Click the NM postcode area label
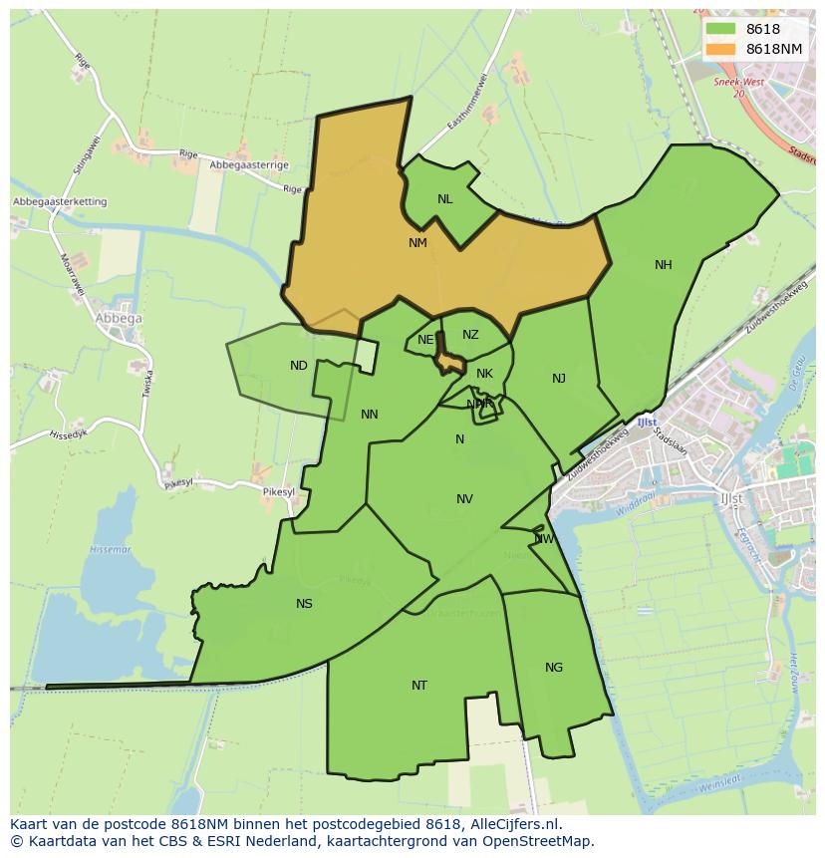coord(417,243)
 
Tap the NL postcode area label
coord(444,199)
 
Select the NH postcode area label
coord(664,265)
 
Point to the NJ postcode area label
coord(559,379)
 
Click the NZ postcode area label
coord(470,336)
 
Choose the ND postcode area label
coord(299,366)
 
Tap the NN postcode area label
coord(370,415)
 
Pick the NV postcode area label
coord(464,499)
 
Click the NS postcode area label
coord(304,604)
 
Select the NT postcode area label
coord(419,686)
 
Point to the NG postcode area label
coord(554,668)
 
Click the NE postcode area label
coord(425,340)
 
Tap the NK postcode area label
coord(484,375)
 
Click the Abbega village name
coord(118,319)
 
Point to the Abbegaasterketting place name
coord(60,202)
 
